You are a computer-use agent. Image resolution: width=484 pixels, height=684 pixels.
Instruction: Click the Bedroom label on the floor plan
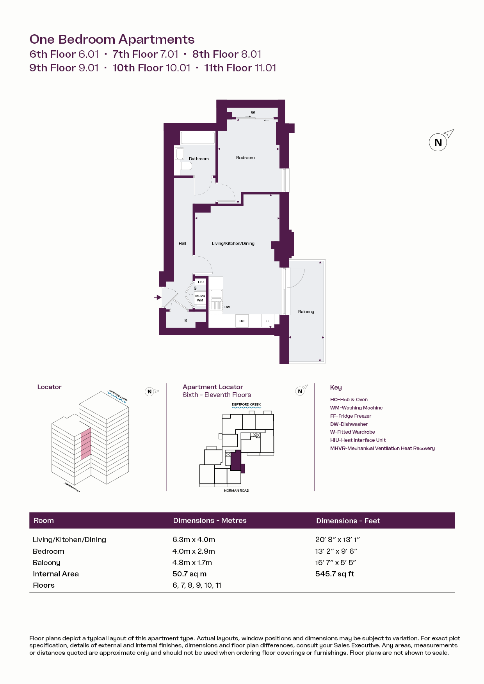tap(245, 158)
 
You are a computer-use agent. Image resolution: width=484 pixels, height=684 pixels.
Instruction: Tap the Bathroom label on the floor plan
tap(199, 159)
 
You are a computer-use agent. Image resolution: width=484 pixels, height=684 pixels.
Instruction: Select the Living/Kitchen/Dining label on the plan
tap(233, 243)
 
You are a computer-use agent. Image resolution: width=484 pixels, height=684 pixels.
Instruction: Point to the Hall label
tap(182, 243)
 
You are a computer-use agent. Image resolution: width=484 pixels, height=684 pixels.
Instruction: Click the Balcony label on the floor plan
tap(306, 312)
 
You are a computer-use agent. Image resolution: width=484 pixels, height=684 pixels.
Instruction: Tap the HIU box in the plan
tap(201, 282)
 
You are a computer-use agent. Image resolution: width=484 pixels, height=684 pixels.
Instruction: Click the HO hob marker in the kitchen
tap(242, 321)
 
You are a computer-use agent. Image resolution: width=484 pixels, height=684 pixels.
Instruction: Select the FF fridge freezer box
tap(267, 321)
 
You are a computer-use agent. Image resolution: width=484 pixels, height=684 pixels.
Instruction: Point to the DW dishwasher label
tap(227, 307)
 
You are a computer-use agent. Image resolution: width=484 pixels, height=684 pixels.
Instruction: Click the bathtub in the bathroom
tap(198, 138)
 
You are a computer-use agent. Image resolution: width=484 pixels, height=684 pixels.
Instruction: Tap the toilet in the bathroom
tap(186, 166)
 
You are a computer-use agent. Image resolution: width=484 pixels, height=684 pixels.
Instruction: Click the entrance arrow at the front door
tap(158, 297)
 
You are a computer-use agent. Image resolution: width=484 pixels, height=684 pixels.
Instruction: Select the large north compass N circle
tap(438, 142)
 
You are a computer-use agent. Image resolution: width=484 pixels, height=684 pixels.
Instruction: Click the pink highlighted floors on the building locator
tap(86, 444)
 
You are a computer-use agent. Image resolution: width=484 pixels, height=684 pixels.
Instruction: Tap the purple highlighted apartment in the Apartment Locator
tap(236, 461)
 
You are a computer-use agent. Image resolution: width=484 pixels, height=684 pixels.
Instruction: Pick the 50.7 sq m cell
tap(189, 574)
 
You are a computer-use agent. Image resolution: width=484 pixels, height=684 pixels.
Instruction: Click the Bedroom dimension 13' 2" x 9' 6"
tap(336, 551)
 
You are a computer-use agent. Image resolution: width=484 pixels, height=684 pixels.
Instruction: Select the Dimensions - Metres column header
tap(210, 521)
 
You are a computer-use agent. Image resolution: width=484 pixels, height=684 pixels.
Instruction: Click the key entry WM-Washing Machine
tap(356, 408)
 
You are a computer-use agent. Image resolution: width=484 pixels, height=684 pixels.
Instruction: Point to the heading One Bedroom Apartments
tap(112, 39)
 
